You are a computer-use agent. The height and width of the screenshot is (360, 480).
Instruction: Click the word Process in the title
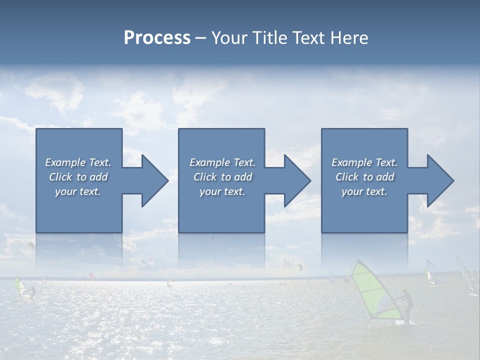[157, 38]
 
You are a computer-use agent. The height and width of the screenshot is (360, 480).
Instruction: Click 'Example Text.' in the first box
[78, 162]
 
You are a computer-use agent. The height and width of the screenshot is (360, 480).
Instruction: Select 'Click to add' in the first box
[78, 177]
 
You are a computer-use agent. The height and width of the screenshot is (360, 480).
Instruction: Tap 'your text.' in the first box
[78, 191]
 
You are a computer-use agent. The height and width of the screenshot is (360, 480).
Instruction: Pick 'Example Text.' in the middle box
[222, 162]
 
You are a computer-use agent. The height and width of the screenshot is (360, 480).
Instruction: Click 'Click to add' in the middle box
[222, 177]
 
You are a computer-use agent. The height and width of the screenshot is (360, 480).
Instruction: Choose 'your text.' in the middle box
[222, 191]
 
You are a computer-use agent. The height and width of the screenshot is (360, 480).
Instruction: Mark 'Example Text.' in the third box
[364, 162]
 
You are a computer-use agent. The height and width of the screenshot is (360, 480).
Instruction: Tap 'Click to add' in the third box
[364, 177]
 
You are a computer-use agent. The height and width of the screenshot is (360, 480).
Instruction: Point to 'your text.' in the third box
[364, 191]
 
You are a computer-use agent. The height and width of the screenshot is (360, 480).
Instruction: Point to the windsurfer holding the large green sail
[407, 306]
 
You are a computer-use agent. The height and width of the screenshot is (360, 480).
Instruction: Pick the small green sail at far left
[20, 287]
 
